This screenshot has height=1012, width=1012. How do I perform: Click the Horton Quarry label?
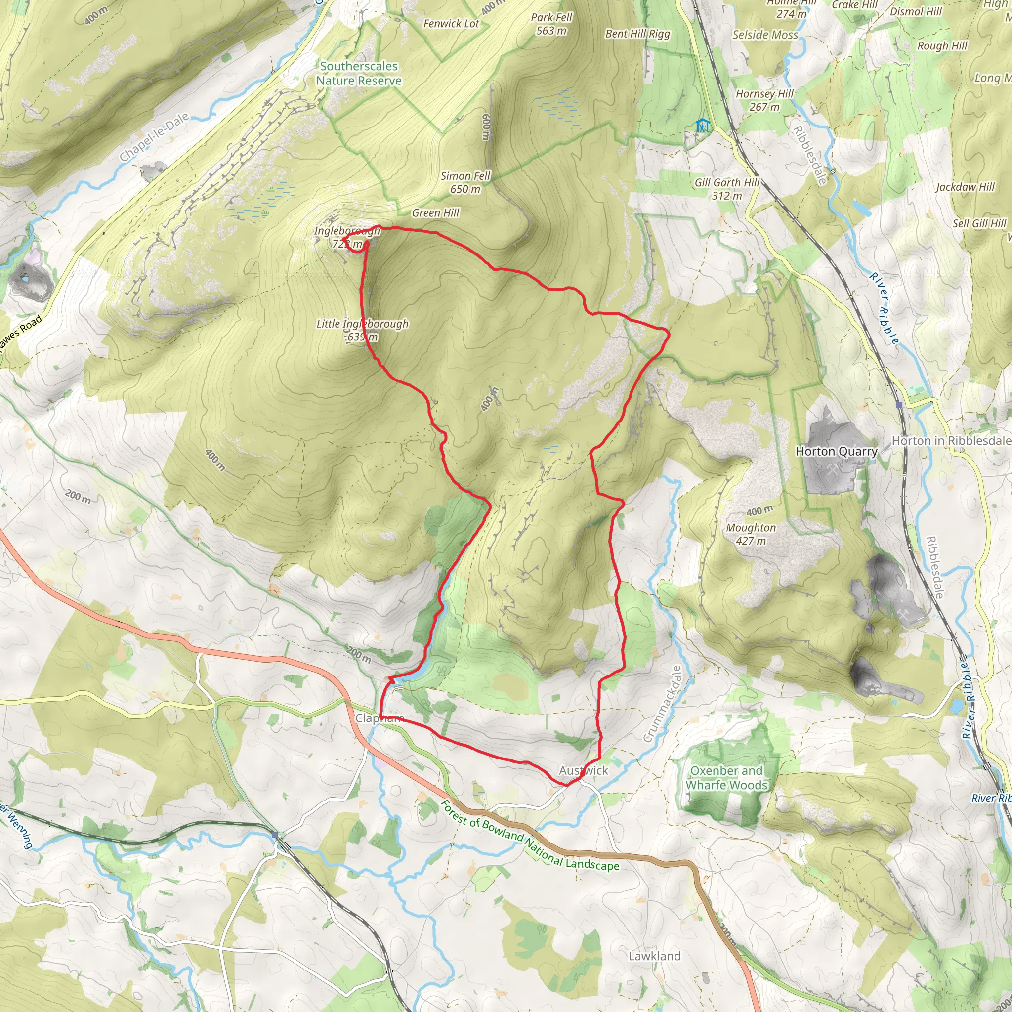(836, 452)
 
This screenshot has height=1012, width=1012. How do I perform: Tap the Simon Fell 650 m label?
(465, 182)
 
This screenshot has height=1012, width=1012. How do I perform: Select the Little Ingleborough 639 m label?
(362, 330)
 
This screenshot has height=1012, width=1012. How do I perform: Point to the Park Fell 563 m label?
(551, 24)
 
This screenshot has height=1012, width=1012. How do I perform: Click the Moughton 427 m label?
(751, 534)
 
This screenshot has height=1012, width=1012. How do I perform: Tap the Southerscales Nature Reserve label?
(359, 73)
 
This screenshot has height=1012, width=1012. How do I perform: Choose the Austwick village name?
(583, 770)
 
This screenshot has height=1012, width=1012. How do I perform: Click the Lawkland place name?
(654, 956)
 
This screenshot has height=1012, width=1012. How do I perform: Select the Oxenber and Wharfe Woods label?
(726, 778)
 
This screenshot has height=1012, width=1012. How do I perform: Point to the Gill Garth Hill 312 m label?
(726, 189)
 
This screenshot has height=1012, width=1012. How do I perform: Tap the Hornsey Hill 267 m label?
(764, 100)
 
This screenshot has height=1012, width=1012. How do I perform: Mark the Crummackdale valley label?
(663, 704)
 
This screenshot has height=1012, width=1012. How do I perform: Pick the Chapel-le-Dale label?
(154, 137)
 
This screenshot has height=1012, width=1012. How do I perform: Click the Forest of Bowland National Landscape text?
(529, 836)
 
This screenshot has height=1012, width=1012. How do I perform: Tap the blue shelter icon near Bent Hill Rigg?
(703, 126)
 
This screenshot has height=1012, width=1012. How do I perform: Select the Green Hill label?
(435, 212)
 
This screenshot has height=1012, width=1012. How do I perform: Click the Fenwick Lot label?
(451, 24)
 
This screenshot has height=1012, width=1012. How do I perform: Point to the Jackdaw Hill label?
(965, 187)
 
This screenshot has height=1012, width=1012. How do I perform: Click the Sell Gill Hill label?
(979, 223)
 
